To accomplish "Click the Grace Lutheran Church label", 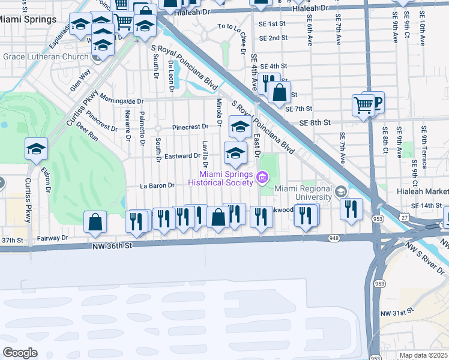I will pyautogui.click(x=47, y=58).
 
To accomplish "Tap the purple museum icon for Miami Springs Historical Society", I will pyautogui.click(x=261, y=177).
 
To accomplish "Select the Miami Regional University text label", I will pyautogui.click(x=303, y=193).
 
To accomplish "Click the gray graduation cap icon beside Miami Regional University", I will pyautogui.click(x=341, y=191).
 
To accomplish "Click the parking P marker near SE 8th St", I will pyautogui.click(x=376, y=103).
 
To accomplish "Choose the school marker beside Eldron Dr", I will pyautogui.click(x=36, y=149).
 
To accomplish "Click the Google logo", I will pyautogui.click(x=20, y=352).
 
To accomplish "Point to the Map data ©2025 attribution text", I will pyautogui.click(x=423, y=355).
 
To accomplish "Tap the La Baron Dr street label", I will pyautogui.click(x=157, y=186).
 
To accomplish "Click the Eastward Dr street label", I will pyautogui.click(x=182, y=155).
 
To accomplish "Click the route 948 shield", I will pyautogui.click(x=334, y=238).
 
